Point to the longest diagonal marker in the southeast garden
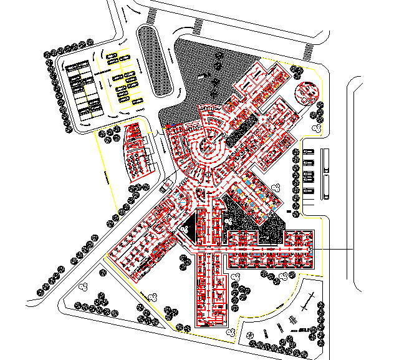(306, 303)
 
